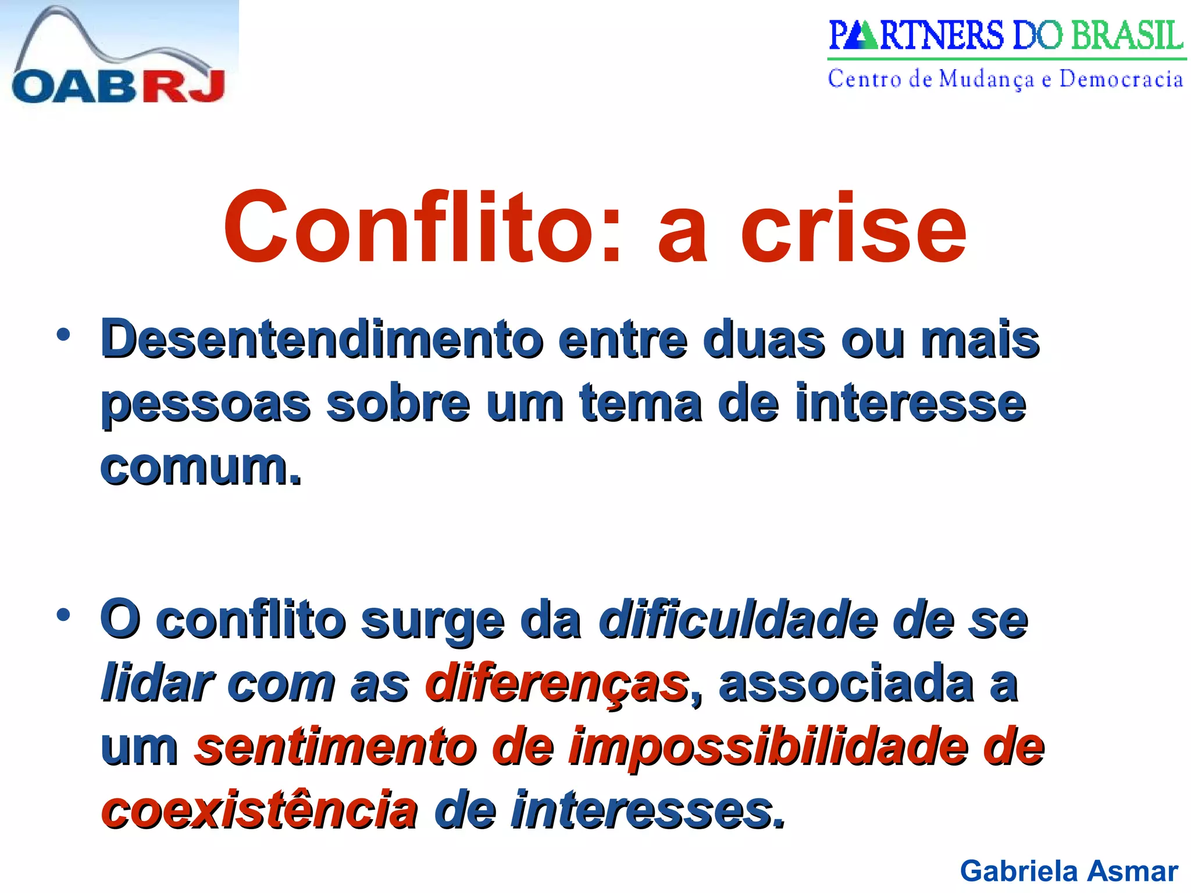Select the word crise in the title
[853, 228]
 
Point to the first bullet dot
[63, 335]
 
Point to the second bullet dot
[63, 615]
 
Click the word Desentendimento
[322, 340]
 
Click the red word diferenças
[557, 685]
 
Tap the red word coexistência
[259, 810]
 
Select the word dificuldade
[738, 621]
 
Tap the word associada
[846, 684]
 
